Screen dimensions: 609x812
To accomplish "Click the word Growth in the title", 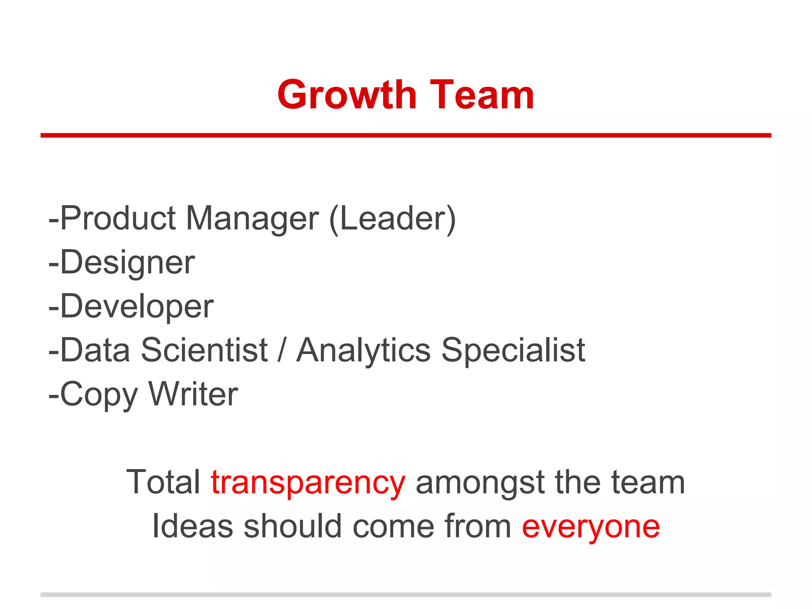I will click(347, 95).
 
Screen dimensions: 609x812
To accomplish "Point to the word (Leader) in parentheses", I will click(393, 219).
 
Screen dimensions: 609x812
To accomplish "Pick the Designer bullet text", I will click(127, 262).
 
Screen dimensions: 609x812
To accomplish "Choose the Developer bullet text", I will click(136, 306).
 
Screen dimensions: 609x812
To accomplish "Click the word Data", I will click(95, 350).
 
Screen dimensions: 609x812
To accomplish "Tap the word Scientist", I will click(205, 350).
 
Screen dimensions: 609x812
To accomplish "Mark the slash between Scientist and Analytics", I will click(282, 350).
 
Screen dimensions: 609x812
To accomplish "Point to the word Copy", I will click(99, 395).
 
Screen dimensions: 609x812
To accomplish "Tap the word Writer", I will click(193, 394).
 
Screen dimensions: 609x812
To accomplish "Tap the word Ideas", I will click(193, 526).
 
